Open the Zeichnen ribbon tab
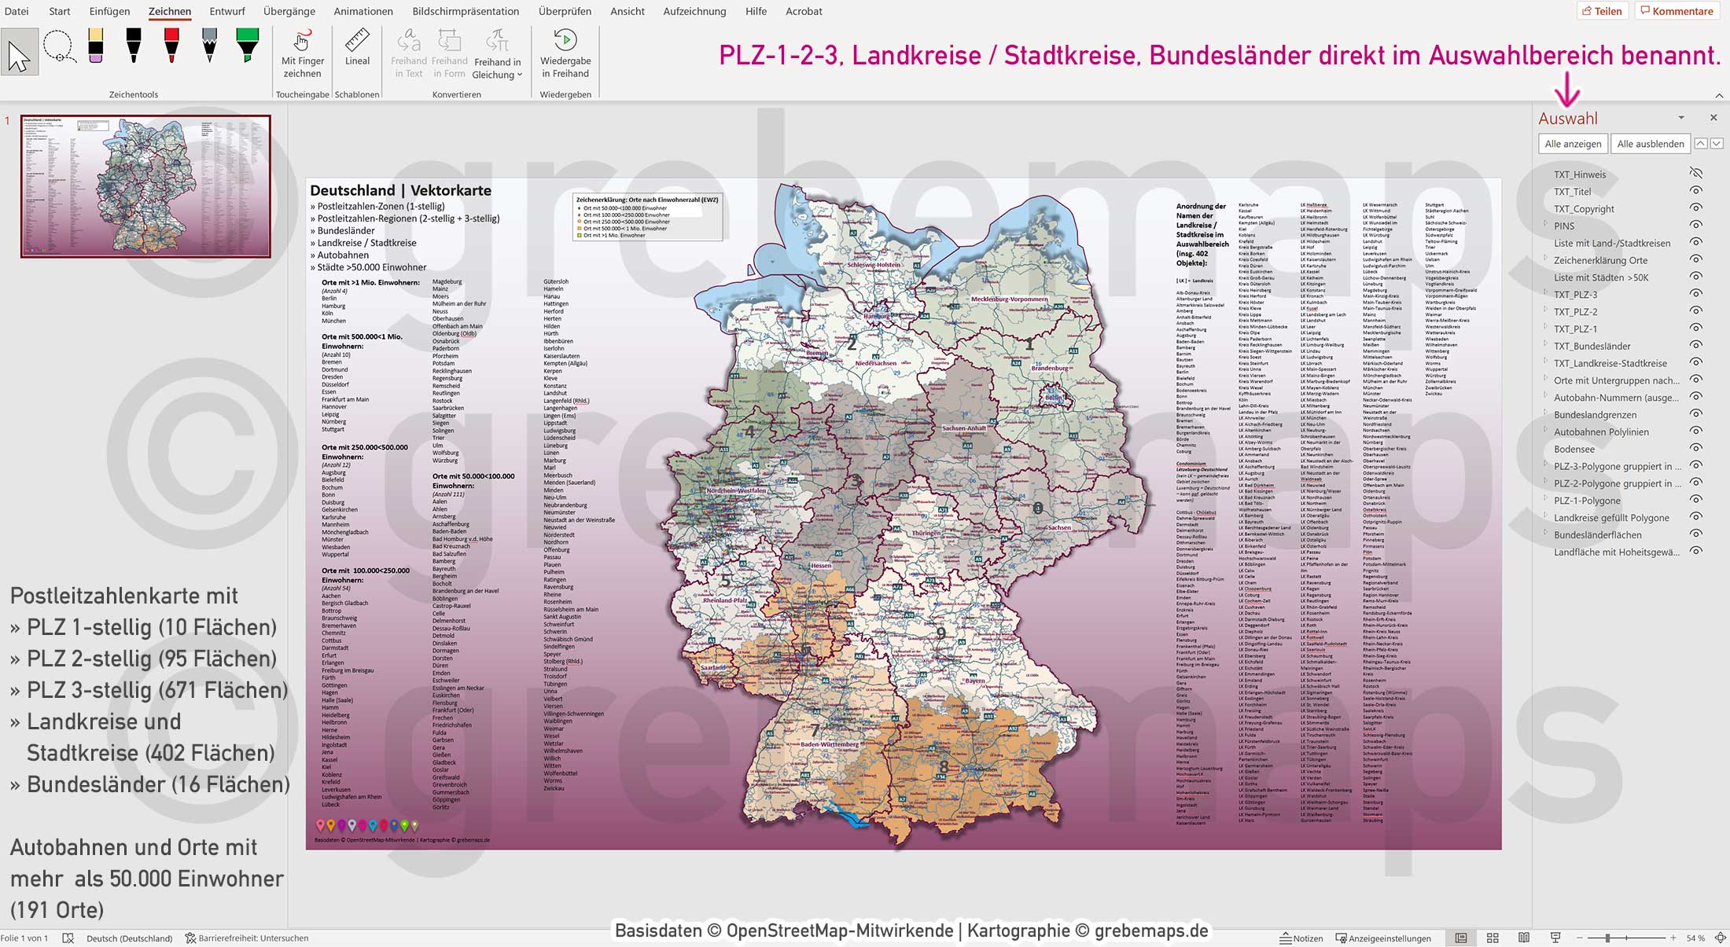[x=169, y=11]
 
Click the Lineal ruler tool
[x=357, y=49]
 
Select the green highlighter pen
[x=247, y=46]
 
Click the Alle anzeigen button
[x=1572, y=144]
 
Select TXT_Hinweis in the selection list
[x=1579, y=174]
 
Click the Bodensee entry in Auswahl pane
[x=1574, y=450]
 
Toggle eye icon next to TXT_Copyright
[x=1696, y=208]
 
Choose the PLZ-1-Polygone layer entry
[x=1586, y=501]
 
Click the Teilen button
[x=1602, y=11]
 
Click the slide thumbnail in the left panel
[x=145, y=186]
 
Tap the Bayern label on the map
[x=974, y=681]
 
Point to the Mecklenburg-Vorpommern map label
[x=1009, y=299]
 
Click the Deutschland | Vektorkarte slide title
[x=400, y=190]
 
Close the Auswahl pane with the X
[x=1713, y=118]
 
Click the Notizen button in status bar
[x=1301, y=938]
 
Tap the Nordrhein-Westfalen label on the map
[x=735, y=490]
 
